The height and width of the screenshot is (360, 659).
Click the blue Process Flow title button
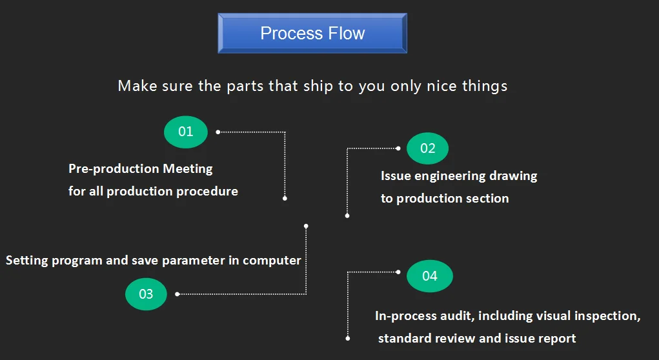tap(312, 34)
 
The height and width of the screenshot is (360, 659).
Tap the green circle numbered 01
tap(186, 132)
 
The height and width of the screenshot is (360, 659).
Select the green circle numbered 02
tap(427, 148)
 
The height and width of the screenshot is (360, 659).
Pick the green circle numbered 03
tap(146, 294)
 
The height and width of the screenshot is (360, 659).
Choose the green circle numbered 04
tap(429, 276)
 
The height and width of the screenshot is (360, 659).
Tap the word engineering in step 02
tap(459, 176)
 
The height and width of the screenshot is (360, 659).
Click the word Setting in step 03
tap(26, 261)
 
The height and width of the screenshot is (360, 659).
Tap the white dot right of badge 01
tap(218, 132)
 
